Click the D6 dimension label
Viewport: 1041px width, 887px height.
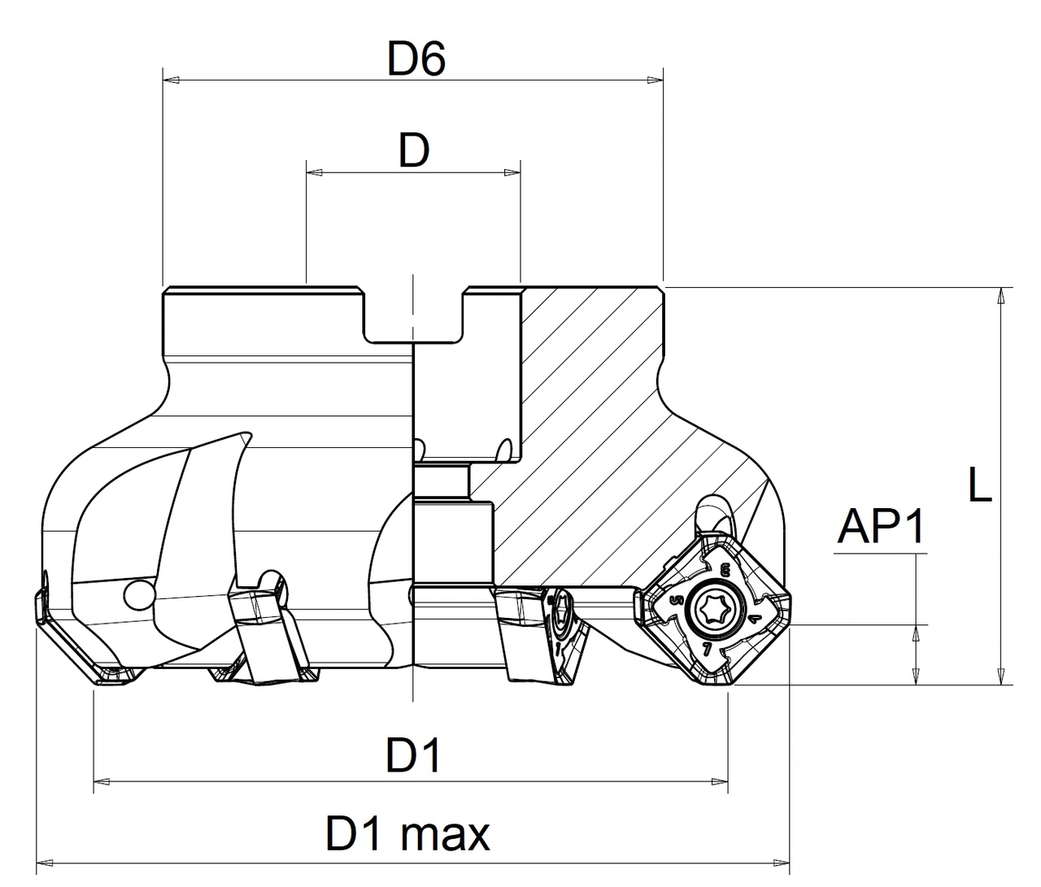coord(416,60)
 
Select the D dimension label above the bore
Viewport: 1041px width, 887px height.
coord(413,151)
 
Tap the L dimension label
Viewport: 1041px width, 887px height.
coord(980,485)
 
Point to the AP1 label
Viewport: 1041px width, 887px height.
coord(882,528)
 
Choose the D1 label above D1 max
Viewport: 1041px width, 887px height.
coord(413,756)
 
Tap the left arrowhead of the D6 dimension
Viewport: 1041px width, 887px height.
coord(171,80)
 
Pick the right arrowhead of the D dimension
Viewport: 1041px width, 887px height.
coord(512,172)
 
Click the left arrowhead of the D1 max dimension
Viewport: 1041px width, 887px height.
coord(46,859)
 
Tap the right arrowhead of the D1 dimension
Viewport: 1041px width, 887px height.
coord(720,781)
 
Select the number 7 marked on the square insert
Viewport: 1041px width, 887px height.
coord(706,648)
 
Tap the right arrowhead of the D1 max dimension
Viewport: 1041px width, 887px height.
coord(782,859)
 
